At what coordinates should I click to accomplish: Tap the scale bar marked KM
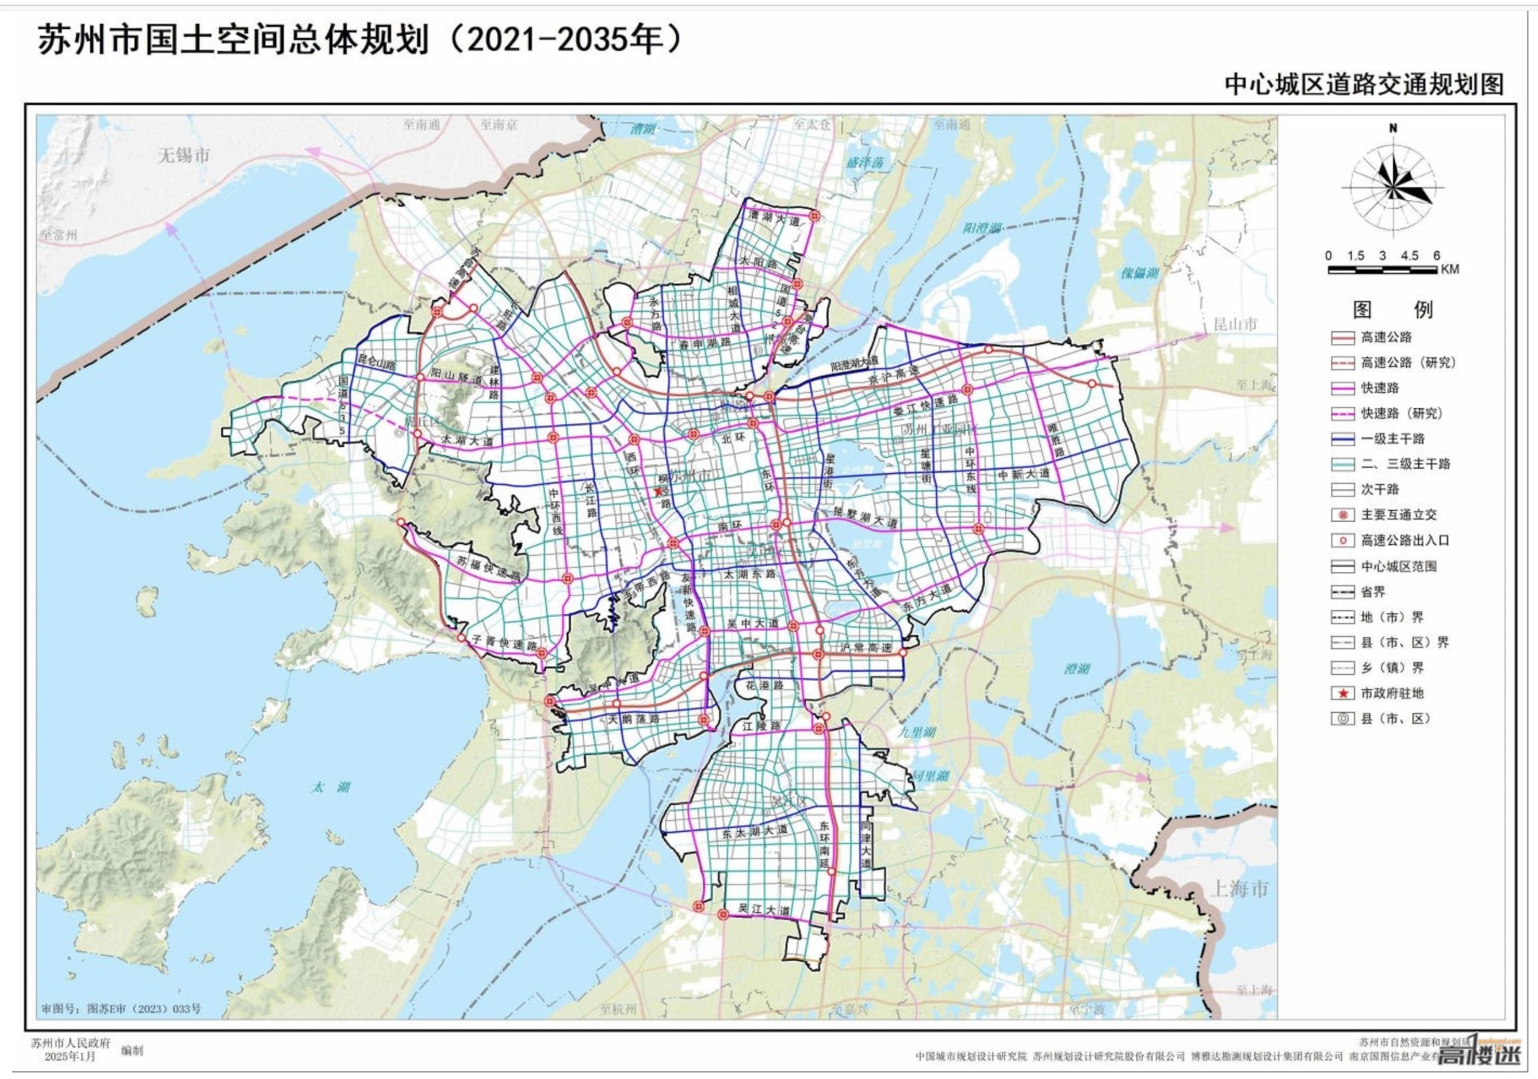1382,269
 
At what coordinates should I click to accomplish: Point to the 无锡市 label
184,156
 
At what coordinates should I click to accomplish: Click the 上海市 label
1238,889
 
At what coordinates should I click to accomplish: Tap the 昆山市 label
1235,325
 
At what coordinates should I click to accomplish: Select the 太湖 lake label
330,787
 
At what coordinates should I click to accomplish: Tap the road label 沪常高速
865,648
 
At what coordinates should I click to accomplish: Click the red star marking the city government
658,491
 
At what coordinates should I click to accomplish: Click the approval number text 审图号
120,1009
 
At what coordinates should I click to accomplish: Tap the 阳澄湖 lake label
982,229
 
